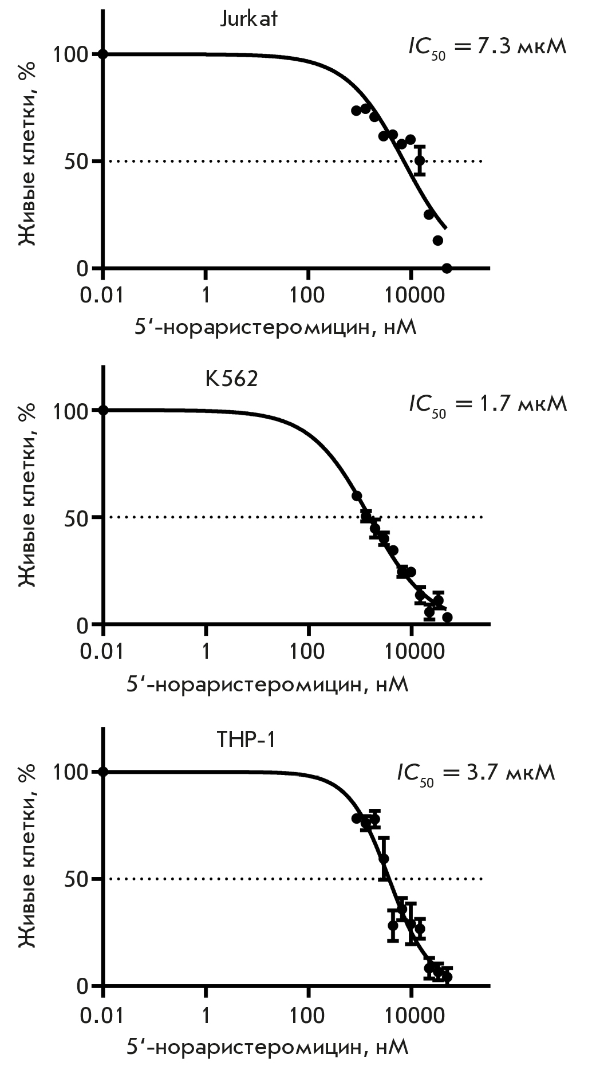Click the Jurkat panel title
[248, 19]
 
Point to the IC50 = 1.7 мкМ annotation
[487, 404]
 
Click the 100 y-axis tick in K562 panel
[70, 411]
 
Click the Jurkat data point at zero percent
[447, 268]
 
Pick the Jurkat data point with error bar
[420, 160]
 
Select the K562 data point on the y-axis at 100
[103, 410]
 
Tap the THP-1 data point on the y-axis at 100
[103, 772]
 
